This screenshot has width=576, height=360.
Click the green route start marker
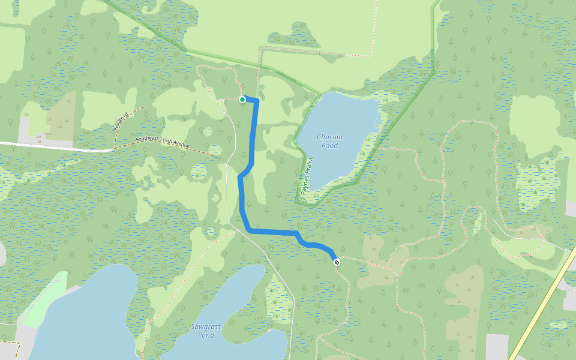pos(242,100)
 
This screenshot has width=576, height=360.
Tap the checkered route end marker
pos(337,262)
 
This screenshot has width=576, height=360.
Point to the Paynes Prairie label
pos(305,179)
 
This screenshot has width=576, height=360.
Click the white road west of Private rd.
pos(54,146)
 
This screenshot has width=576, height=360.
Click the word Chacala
pos(329,137)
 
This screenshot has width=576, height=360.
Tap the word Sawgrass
pos(206,326)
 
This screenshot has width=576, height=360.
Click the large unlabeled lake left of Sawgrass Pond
pos(84,324)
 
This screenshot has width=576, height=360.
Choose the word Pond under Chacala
pos(329,146)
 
